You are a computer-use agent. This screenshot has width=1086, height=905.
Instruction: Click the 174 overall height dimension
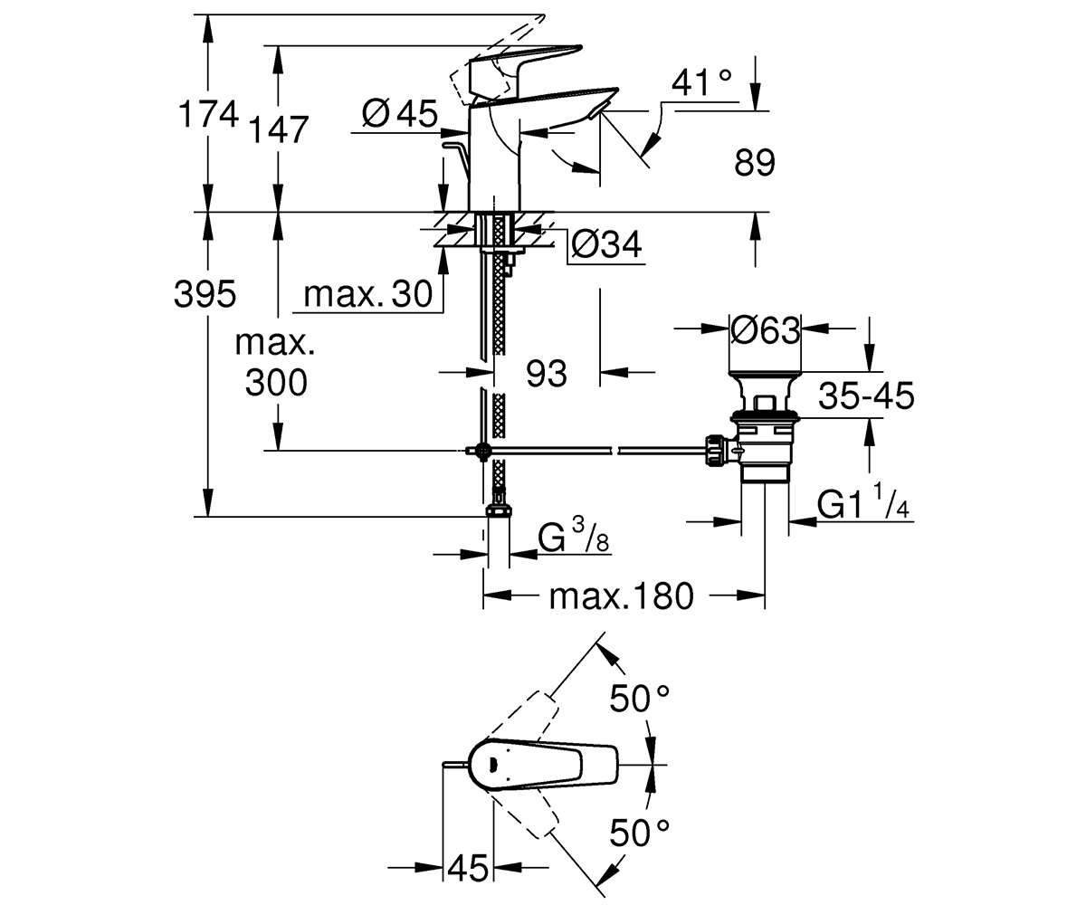point(208,114)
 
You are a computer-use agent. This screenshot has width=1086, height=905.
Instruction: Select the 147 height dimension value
point(279,129)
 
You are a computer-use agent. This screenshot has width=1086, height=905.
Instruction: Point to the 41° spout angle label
point(701,82)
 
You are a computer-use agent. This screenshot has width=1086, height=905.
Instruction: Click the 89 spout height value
point(755,162)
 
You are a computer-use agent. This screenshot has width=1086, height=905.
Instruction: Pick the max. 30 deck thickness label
point(367,294)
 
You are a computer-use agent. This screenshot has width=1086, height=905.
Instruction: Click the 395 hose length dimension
point(205,294)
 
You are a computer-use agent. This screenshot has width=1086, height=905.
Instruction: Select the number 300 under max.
point(276,383)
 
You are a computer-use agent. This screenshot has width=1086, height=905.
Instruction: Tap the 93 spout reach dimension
point(546,374)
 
